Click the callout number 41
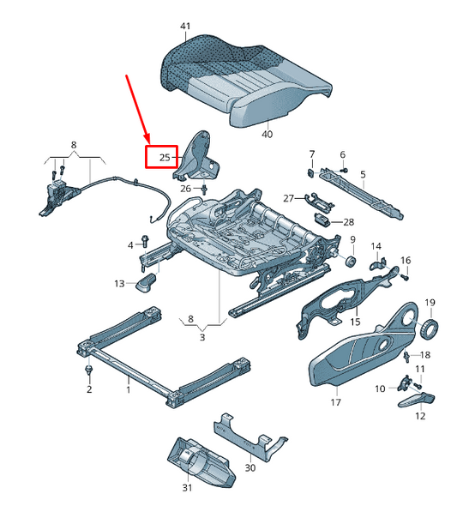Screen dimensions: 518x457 (x=185, y=27)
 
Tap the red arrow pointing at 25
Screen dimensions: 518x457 (x=137, y=108)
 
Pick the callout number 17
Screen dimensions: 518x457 (x=334, y=402)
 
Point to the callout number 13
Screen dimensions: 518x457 (x=119, y=283)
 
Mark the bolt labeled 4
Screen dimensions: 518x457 (x=142, y=246)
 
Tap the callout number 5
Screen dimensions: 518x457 (x=363, y=174)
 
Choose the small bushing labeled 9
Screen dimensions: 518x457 (x=350, y=260)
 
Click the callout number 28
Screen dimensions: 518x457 (x=348, y=222)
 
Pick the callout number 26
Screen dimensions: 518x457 (x=185, y=189)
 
